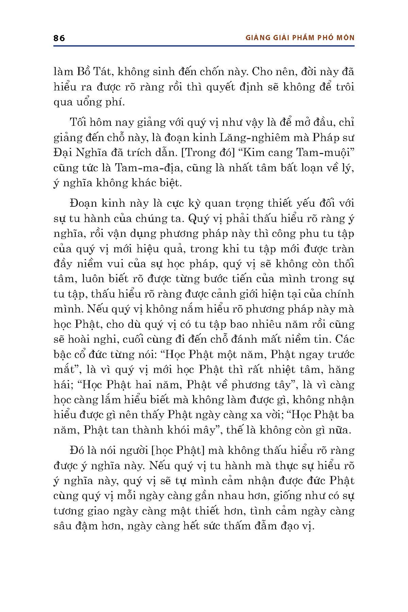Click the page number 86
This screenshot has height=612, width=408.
click(59, 38)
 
